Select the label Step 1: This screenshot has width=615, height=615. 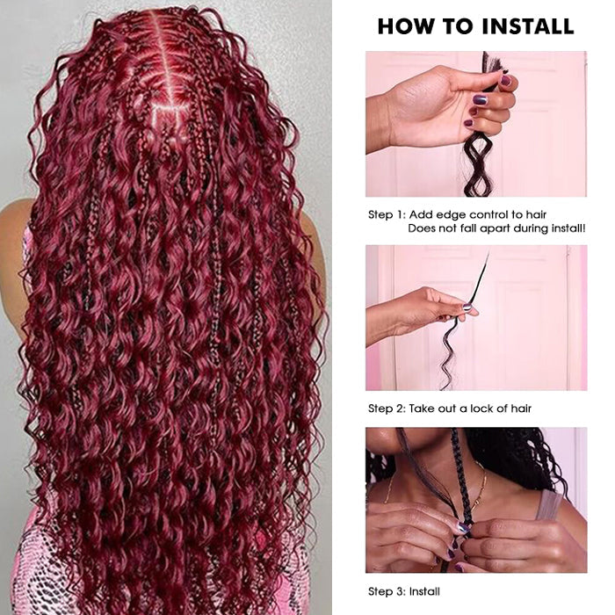(387, 214)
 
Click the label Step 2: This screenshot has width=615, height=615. (387, 409)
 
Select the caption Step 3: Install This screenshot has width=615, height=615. (404, 591)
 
